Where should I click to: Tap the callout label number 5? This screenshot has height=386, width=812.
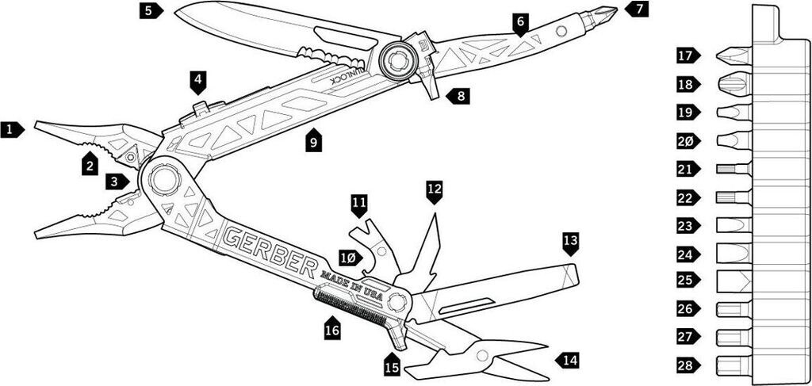(x=150, y=11)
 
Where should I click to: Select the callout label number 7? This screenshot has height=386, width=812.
(x=637, y=10)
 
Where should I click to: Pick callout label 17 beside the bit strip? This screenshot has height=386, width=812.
(x=685, y=56)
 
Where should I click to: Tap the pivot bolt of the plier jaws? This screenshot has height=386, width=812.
(x=163, y=180)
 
